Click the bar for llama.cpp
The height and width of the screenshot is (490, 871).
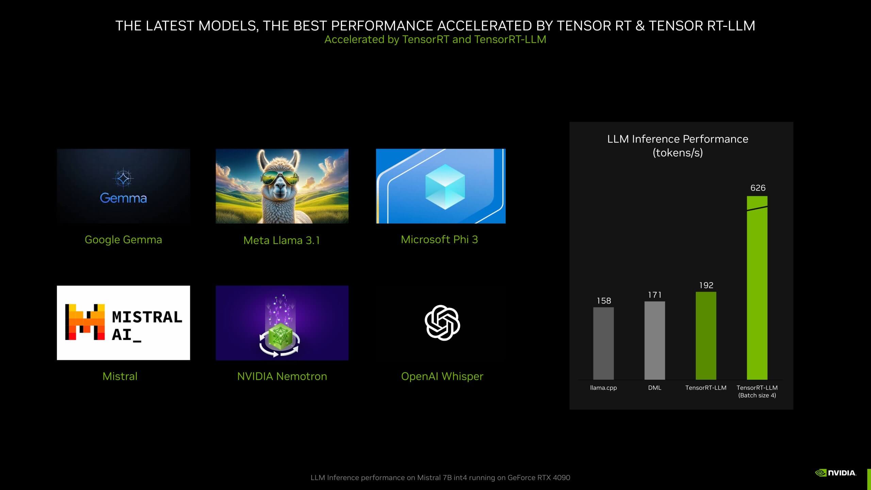(x=603, y=343)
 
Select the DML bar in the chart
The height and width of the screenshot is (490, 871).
(x=655, y=340)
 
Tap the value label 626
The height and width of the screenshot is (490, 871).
(x=758, y=188)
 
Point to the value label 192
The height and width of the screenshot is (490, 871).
(x=706, y=285)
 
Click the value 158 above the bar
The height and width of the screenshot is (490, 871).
(x=604, y=301)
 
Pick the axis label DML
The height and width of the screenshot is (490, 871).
(x=655, y=388)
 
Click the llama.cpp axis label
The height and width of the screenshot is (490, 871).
(x=603, y=388)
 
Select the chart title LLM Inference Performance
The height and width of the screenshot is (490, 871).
(x=678, y=139)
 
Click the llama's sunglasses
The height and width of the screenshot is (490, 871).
(x=281, y=178)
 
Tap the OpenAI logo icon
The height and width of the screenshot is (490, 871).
(x=442, y=323)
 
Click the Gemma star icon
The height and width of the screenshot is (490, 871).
(x=123, y=178)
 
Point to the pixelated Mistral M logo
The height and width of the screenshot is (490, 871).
(x=85, y=322)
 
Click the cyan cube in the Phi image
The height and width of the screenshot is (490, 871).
(x=445, y=186)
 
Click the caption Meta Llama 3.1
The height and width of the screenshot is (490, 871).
(x=282, y=240)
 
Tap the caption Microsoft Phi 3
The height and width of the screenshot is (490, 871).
(x=439, y=240)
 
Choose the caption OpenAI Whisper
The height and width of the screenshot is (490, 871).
(x=442, y=376)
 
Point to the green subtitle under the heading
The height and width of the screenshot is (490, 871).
(x=435, y=39)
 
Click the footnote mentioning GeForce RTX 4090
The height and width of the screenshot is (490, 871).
(x=440, y=477)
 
